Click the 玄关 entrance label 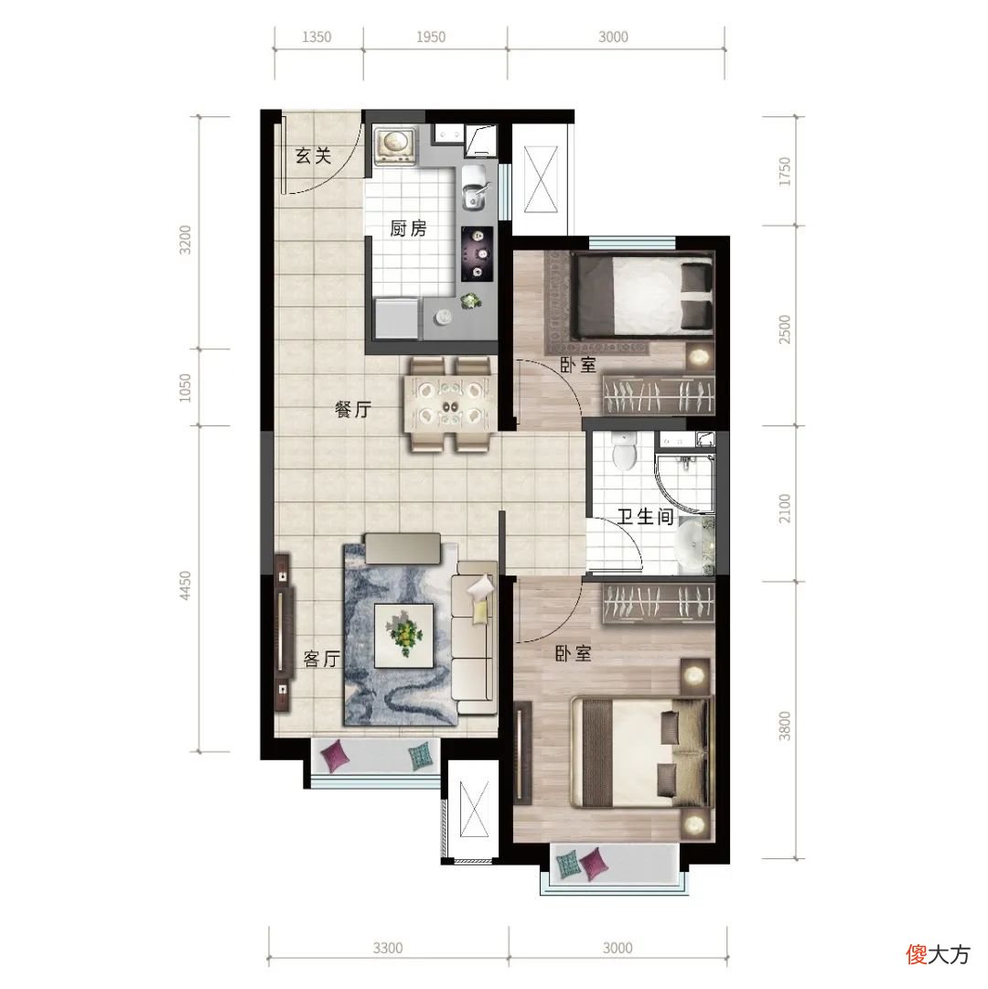point(314,156)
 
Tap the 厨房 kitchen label point(408,229)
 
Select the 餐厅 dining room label point(353,409)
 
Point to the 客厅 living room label point(321,659)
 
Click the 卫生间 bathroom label point(646,517)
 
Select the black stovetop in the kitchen point(478,253)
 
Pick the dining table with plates point(449,405)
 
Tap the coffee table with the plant point(403,635)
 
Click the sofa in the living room point(474,639)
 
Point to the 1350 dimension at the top point(317,37)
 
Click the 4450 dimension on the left point(185,586)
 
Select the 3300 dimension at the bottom point(387,948)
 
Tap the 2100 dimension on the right point(784,508)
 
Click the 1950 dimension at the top point(431,37)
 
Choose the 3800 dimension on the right point(784,726)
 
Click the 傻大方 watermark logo point(938,954)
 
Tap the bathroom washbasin point(693,545)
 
